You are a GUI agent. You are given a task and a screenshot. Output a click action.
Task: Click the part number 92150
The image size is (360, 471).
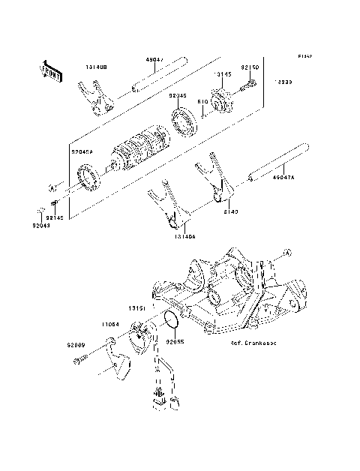[x=249, y=67]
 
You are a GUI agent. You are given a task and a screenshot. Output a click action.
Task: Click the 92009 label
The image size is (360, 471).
[x=77, y=345]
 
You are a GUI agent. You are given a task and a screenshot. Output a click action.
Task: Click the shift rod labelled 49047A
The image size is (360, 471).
[x=274, y=164]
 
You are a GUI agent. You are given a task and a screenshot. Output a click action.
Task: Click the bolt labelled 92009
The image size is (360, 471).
[x=84, y=361]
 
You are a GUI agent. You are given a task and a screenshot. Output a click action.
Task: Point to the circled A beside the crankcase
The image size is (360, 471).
[x=286, y=253]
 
